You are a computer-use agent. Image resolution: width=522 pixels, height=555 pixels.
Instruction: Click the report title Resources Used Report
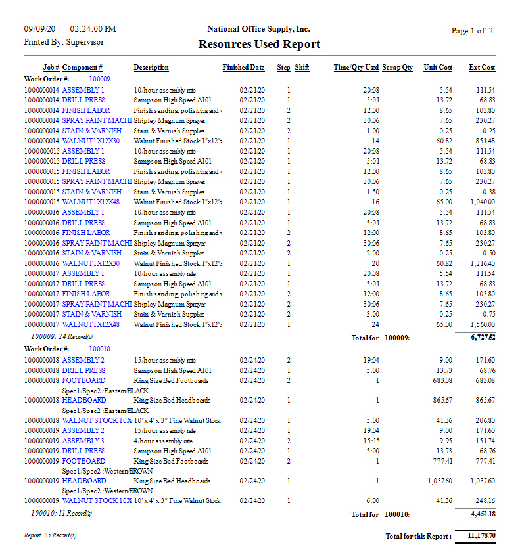[259, 45]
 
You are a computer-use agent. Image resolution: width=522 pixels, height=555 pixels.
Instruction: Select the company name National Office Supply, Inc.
[258, 29]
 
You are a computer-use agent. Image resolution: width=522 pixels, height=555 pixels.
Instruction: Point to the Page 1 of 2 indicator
[471, 31]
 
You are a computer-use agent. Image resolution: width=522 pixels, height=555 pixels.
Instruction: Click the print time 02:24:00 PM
[93, 29]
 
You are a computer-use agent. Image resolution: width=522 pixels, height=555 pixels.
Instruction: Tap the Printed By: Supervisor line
[64, 42]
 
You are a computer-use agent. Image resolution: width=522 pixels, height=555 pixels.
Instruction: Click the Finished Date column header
[243, 68]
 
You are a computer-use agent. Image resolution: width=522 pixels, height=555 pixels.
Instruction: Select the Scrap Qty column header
[397, 68]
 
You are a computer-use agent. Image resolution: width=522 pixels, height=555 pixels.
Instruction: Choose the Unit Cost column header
[438, 68]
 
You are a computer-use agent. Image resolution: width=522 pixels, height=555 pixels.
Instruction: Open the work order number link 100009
[99, 79]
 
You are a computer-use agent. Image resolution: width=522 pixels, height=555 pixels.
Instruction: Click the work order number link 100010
[99, 349]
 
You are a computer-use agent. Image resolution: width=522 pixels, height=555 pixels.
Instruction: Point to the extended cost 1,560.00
[482, 324]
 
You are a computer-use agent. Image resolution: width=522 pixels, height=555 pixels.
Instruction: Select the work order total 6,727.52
[482, 337]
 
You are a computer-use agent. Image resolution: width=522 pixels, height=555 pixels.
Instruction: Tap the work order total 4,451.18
[482, 514]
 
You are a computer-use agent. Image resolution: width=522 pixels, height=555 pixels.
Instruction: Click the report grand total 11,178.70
[481, 536]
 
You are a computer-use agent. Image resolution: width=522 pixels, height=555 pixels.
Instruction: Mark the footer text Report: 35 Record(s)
[50, 535]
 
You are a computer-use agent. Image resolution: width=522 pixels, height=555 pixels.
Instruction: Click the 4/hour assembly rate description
[164, 441]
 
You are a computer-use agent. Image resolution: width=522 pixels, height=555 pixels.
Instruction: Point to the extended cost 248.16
[485, 501]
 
